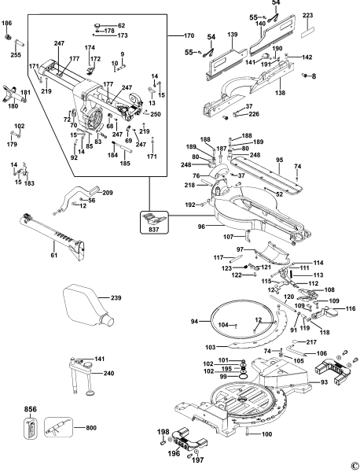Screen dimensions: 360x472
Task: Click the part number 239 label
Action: pos(116,297)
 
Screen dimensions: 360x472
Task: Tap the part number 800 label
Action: pos(91,427)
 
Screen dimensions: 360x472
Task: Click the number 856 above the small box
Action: pos(31,409)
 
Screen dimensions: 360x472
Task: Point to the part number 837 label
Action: pos(155,230)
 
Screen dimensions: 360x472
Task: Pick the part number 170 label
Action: pos(189,35)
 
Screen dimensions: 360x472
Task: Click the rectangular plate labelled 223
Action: pos(307,32)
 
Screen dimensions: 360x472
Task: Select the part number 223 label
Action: pos(307,16)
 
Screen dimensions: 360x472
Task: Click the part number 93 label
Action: pos(324,382)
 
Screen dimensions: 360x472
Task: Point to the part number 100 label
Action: pos(266,433)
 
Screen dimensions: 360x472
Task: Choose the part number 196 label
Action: pos(174,453)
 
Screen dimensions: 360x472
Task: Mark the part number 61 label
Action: pos(54,255)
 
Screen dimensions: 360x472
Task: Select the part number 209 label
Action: pos(108,193)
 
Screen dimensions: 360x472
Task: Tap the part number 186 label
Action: pos(7,23)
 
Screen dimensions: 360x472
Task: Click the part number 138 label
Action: pos(280,93)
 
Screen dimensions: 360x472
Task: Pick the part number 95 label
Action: pos(280,160)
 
